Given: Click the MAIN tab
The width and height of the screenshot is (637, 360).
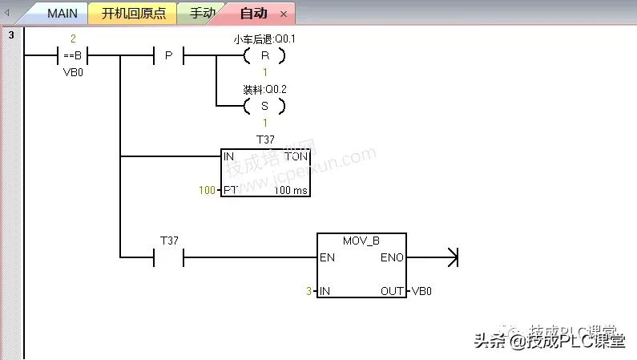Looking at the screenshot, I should tap(62, 14).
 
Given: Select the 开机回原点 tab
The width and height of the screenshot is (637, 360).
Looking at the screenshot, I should tap(133, 14).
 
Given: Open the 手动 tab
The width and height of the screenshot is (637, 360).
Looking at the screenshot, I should tap(201, 14).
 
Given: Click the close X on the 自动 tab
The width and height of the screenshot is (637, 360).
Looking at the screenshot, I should tap(284, 14).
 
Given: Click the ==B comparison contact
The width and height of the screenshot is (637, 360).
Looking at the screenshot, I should tap(73, 56).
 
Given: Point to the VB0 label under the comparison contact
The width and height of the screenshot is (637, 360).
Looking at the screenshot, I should tap(73, 71).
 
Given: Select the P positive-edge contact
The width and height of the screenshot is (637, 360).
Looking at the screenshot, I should tap(168, 56).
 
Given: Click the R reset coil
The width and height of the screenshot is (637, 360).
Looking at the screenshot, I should tap(264, 56).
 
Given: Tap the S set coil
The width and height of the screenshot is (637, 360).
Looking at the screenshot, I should tap(264, 105).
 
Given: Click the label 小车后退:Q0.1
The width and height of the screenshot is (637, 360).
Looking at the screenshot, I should tap(264, 38).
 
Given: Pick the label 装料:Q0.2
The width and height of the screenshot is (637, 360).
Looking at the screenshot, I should tap(264, 88).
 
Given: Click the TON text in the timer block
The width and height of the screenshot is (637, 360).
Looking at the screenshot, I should tap(296, 156).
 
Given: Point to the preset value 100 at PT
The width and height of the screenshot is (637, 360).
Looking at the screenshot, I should tap(207, 190).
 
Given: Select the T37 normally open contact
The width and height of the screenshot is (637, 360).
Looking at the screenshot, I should tap(168, 257).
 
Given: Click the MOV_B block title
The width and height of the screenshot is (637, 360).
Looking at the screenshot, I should tap(361, 241).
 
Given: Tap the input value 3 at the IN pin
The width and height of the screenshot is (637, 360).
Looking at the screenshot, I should tap(309, 291).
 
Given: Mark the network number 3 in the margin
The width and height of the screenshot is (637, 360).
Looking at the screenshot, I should tap(11, 35).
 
